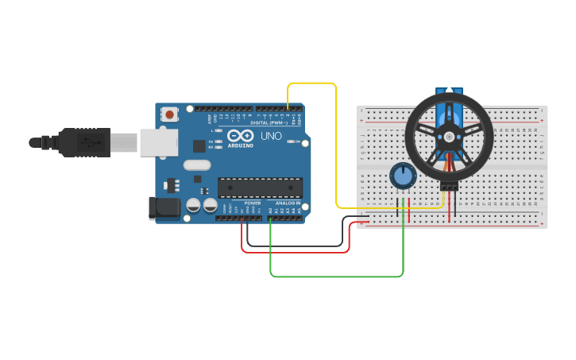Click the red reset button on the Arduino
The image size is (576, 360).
170,115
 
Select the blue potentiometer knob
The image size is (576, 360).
404,176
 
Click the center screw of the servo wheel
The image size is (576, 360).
450,137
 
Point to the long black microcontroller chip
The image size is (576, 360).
260,187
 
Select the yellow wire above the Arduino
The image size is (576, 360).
311,83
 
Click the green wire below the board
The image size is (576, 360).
338,277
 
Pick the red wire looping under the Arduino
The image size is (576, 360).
296,253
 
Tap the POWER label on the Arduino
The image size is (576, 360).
253,203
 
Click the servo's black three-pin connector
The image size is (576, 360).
450,187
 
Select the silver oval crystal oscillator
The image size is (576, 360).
197,165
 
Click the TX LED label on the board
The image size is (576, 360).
211,141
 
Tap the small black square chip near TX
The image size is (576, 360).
199,146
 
